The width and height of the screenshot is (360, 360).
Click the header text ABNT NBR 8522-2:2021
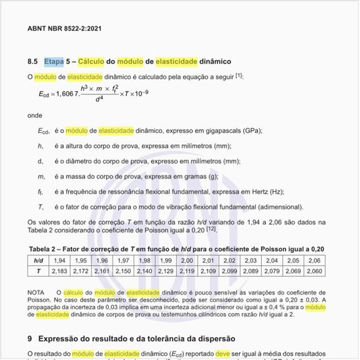click(63, 29)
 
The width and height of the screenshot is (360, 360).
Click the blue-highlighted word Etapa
click(54, 62)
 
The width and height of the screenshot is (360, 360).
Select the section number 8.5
click(33, 62)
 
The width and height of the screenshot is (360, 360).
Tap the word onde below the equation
click(35, 115)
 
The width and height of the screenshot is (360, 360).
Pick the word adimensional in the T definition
click(278, 207)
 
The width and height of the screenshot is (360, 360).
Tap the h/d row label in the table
click(39, 261)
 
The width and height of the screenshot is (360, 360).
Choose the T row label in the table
click(39, 270)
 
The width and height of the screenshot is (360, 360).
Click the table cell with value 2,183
click(60, 270)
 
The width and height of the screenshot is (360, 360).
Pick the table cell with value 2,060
click(314, 270)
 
